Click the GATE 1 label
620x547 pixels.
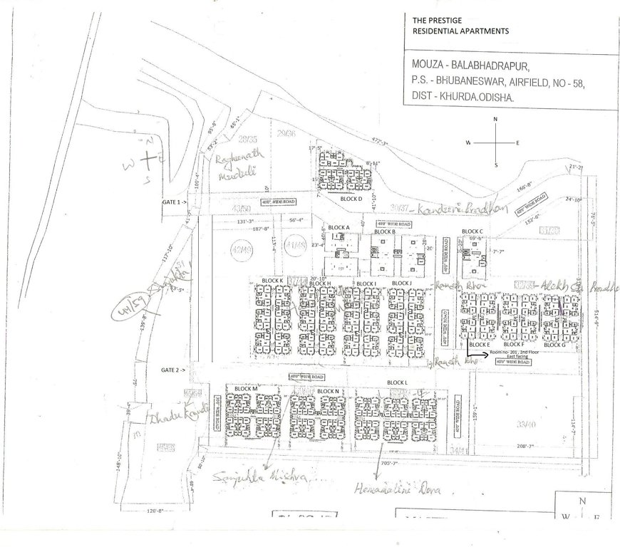(x=173, y=202)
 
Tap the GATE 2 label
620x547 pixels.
(x=173, y=370)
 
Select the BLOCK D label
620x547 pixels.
(x=351, y=199)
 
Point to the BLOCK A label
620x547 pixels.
(x=339, y=228)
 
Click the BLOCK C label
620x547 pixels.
(x=472, y=231)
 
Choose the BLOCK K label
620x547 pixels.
(x=272, y=281)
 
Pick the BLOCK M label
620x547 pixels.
(x=244, y=389)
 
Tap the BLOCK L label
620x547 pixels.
(x=397, y=383)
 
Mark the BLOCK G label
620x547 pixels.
(x=554, y=345)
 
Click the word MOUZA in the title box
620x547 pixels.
(x=420, y=65)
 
